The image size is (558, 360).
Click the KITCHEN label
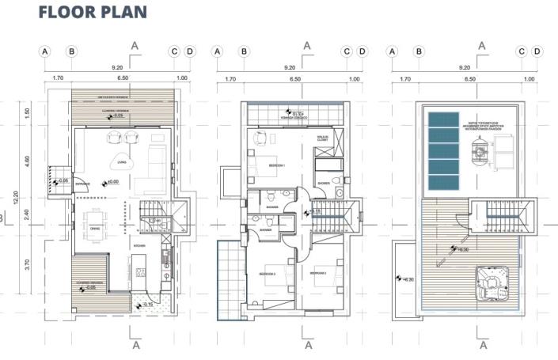pyautogui.click(x=139, y=247)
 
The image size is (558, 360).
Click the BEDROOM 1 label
pyautogui.click(x=275, y=165)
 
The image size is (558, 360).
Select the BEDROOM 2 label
pyautogui.click(x=318, y=273)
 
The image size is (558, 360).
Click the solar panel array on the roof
pyautogui.click(x=443, y=150)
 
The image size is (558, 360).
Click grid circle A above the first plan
pyautogui.click(x=45, y=51)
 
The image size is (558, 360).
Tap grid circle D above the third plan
pyautogui.click(x=537, y=51)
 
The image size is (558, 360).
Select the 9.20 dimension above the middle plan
pyautogui.click(x=290, y=67)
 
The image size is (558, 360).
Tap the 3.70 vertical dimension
pyautogui.click(x=28, y=265)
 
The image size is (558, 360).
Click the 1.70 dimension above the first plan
pyautogui.click(x=58, y=79)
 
